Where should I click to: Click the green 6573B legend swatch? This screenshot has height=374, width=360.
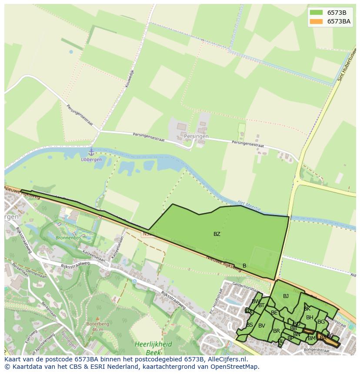coord(317,13)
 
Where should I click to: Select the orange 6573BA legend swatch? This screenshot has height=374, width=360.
coord(317,21)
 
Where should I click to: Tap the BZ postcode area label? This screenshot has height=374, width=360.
coord(217,234)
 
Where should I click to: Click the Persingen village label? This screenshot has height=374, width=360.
coord(196,136)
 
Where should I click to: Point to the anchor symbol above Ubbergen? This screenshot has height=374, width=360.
coord(91,152)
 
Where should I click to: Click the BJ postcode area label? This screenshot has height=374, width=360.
coord(286,296)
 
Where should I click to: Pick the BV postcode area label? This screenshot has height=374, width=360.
coord(261,326)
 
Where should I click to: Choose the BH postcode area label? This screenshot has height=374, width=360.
coord(310,318)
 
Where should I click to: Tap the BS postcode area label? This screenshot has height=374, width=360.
coord(250,325)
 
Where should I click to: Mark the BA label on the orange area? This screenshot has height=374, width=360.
coord(323,338)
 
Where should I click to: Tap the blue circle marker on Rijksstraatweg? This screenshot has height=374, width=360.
coord(134,281)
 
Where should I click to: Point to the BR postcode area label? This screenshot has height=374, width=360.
coord(276,331)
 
